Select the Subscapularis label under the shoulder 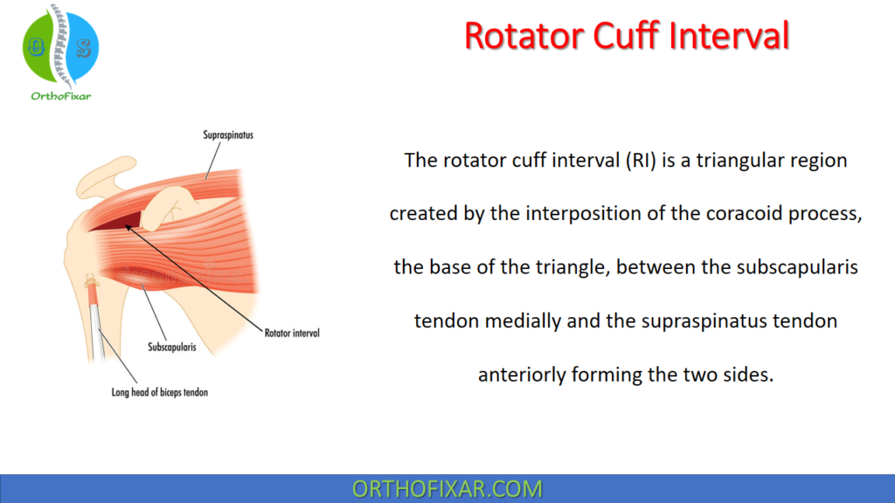170,347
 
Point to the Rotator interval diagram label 291,333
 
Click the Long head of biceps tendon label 159,392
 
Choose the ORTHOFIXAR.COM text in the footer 447,488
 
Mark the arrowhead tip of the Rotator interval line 125,226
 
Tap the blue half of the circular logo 80,47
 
